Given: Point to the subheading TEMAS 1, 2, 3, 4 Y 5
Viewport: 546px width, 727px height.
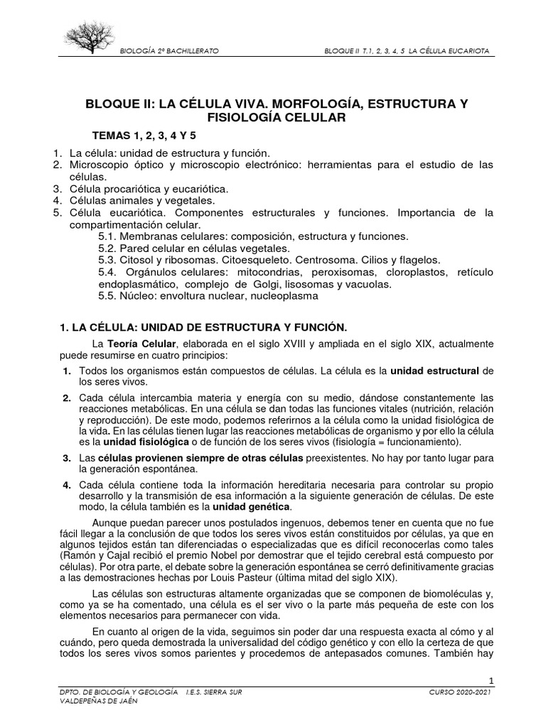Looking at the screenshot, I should pos(139,136).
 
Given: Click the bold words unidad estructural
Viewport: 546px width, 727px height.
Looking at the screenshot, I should pos(434,371).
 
